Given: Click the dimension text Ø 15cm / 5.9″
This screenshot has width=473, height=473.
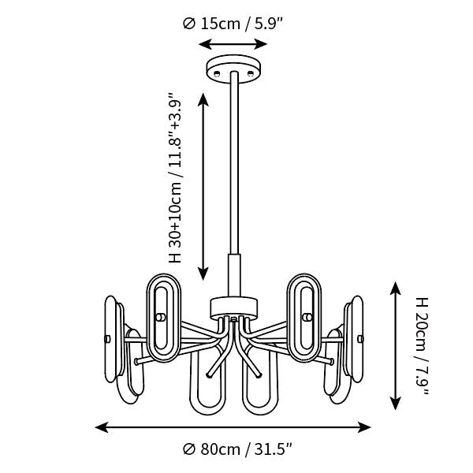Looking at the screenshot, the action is pyautogui.click(x=233, y=24).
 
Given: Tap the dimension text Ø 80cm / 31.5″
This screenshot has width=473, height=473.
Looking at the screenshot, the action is pyautogui.click(x=237, y=449).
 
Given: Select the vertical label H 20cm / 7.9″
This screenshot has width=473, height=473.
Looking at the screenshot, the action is pyautogui.click(x=422, y=346).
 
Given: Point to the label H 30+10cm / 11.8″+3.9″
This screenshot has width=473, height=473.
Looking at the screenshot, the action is pyautogui.click(x=175, y=177).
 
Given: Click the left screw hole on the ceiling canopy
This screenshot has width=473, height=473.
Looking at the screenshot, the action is pyautogui.click(x=216, y=73).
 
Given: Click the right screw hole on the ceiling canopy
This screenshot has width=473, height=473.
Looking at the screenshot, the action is pyautogui.click(x=250, y=73).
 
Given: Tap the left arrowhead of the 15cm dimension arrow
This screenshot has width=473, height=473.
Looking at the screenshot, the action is pyautogui.click(x=204, y=44).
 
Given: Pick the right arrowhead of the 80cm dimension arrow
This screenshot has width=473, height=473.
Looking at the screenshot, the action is pyautogui.click(x=364, y=427).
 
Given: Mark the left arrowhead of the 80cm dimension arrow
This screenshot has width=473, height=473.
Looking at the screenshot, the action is pyautogui.click(x=102, y=427).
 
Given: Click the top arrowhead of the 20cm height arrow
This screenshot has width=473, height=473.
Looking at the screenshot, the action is pyautogui.click(x=395, y=288).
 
